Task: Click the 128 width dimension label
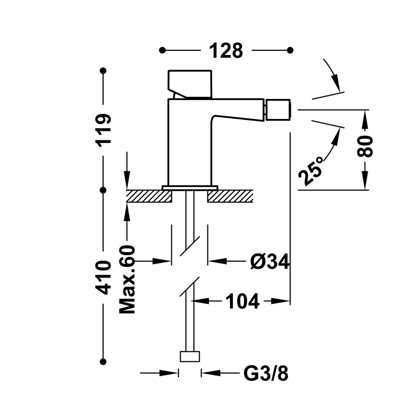(226, 51)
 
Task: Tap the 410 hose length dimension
(104, 277)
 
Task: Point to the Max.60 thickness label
(127, 279)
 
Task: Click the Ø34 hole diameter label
(269, 260)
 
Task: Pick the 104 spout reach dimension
(242, 301)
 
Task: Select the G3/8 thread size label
(266, 374)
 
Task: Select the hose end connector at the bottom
(190, 357)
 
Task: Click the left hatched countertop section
(149, 196)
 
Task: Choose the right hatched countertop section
(230, 196)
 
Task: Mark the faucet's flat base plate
(190, 188)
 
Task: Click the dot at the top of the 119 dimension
(104, 70)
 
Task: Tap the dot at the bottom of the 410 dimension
(104, 360)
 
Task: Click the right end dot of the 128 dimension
(290, 50)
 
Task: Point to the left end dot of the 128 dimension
(162, 50)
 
